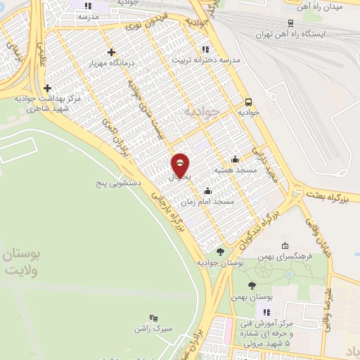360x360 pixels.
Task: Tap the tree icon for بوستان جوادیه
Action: pos(220,252)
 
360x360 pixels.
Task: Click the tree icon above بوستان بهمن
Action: pos(252,285)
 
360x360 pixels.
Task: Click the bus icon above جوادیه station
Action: pos(247,101)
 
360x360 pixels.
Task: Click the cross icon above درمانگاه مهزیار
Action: pos(112,52)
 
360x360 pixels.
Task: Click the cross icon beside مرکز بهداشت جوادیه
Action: pos(47,89)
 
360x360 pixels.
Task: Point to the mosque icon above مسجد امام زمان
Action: pos(207,191)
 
